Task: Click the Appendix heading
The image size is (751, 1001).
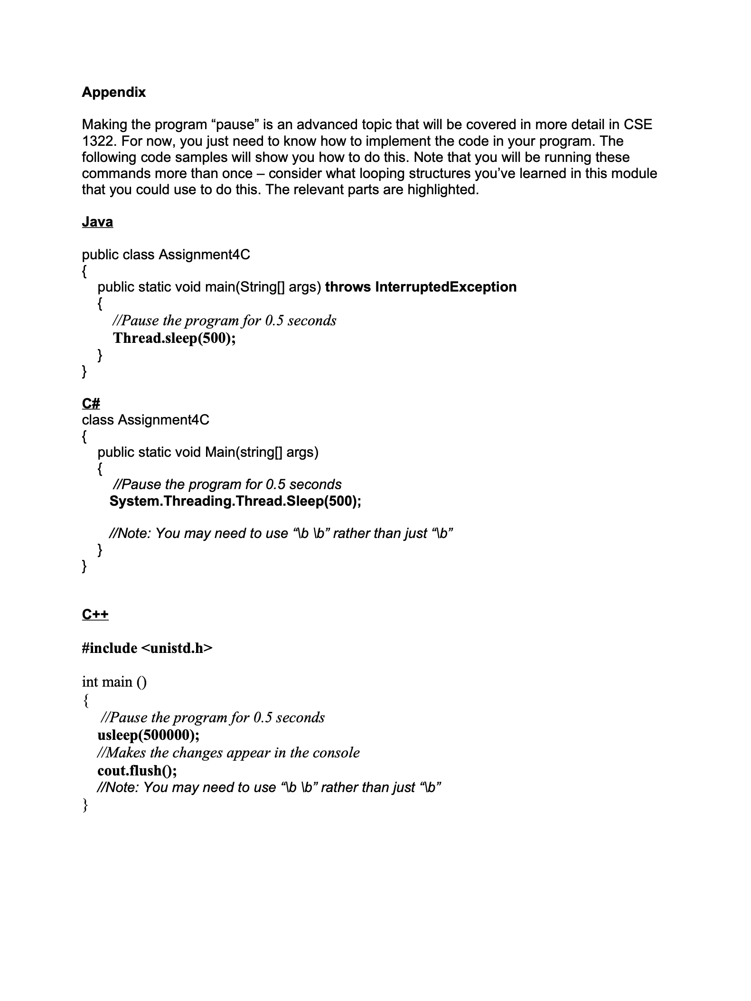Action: click(113, 92)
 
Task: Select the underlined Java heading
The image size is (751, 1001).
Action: click(97, 222)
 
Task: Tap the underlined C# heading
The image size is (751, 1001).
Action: click(91, 404)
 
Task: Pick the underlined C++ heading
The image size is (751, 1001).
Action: click(95, 614)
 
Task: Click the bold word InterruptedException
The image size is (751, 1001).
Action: click(446, 287)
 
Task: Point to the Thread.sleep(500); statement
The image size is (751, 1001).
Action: click(174, 338)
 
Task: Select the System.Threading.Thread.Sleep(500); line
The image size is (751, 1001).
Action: click(235, 501)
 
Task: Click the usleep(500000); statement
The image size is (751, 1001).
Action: click(148, 735)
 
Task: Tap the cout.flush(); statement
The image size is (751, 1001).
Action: click(137, 770)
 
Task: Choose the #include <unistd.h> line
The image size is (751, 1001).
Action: click(147, 648)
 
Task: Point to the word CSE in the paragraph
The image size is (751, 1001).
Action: click(638, 125)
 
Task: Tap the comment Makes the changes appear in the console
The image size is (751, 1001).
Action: click(228, 753)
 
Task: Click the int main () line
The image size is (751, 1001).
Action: click(114, 682)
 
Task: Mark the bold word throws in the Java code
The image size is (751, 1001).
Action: click(347, 287)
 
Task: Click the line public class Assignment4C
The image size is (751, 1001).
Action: click(166, 255)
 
